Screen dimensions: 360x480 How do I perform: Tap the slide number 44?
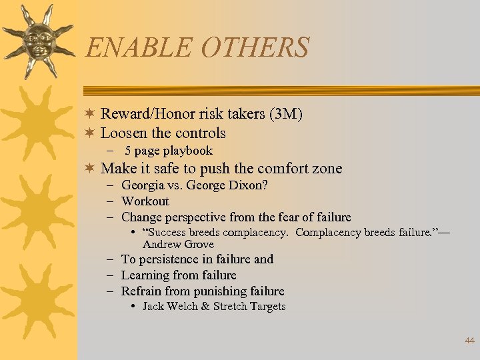click(x=469, y=341)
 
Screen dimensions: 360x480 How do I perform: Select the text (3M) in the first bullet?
click(x=286, y=114)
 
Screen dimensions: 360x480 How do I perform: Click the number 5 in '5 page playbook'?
click(x=128, y=151)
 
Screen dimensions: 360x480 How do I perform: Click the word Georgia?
click(x=143, y=185)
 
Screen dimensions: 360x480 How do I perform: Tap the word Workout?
click(x=145, y=201)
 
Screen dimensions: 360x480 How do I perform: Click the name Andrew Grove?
click(x=178, y=244)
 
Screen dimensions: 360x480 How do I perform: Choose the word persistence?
click(x=169, y=259)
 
